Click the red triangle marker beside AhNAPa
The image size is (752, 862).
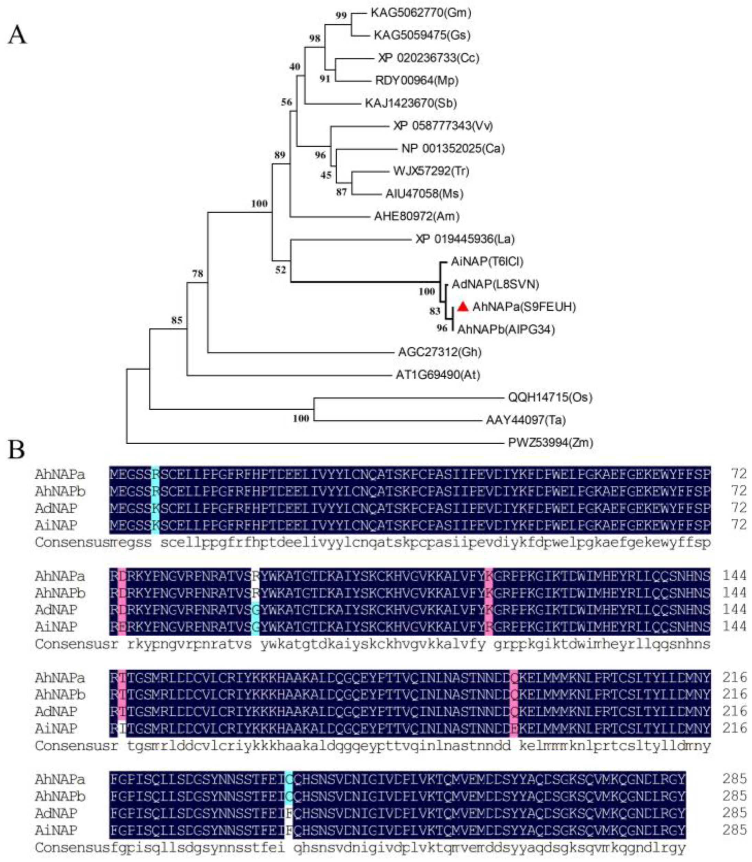pyautogui.click(x=462, y=307)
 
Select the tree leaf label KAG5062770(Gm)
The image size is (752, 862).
pyautogui.click(x=421, y=13)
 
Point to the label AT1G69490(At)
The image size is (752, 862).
pyautogui.click(x=438, y=374)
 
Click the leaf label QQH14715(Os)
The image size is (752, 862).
pyautogui.click(x=550, y=397)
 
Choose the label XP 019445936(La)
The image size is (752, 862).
pyautogui.click(x=465, y=239)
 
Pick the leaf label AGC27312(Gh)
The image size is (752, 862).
pyautogui.click(x=440, y=352)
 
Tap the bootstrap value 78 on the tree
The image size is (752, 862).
pyautogui.click(x=197, y=273)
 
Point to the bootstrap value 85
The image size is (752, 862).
pyautogui.click(x=177, y=320)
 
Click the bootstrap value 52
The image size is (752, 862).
pyautogui.click(x=280, y=269)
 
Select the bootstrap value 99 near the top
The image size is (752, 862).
pyautogui.click(x=341, y=15)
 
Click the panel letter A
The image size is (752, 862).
pyautogui.click(x=17, y=35)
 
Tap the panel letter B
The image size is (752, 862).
pyautogui.click(x=16, y=449)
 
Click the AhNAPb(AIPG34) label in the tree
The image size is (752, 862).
pyautogui.click(x=506, y=329)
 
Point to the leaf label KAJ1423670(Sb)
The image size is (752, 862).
pyautogui.click(x=411, y=103)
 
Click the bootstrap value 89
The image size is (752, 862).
pyautogui.click(x=280, y=155)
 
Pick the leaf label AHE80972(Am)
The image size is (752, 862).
pyautogui.click(x=417, y=216)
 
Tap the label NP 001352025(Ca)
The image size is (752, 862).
pyautogui.click(x=453, y=148)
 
